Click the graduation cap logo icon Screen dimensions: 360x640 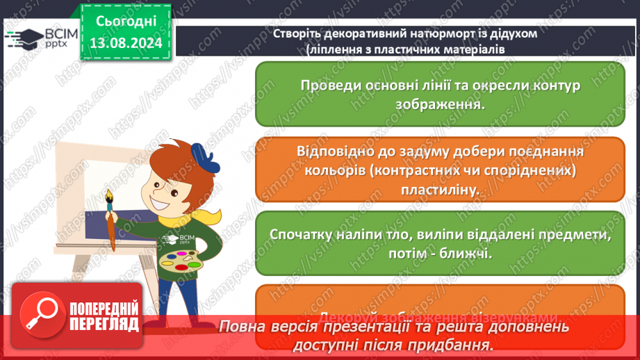pyautogui.click(x=23, y=38)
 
